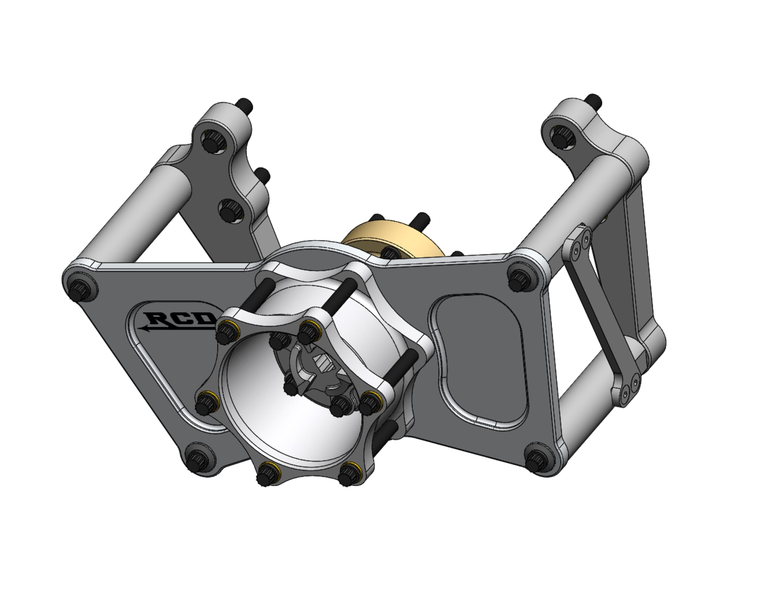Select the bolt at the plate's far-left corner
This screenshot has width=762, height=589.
80,289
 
